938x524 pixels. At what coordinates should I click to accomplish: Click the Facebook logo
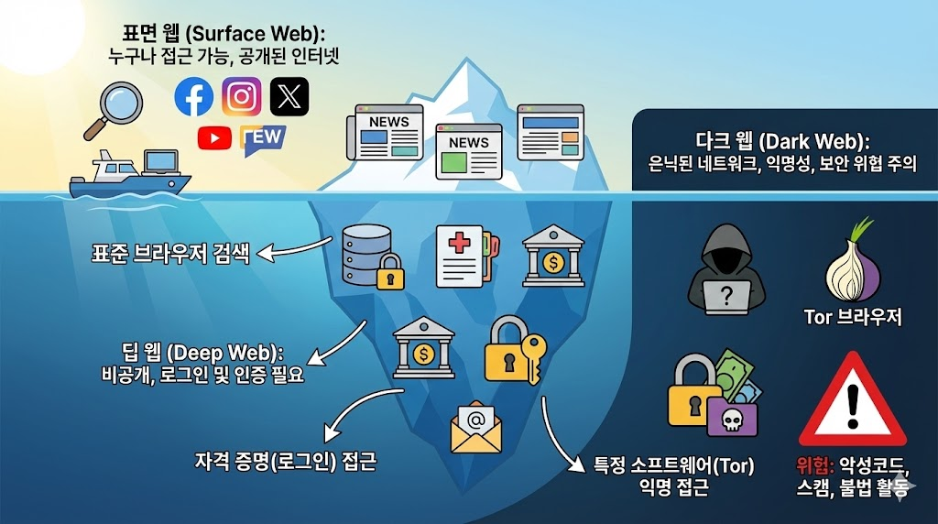[x=194, y=96]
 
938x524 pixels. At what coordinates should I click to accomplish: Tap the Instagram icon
[x=242, y=96]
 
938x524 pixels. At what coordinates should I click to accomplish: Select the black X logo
[x=289, y=96]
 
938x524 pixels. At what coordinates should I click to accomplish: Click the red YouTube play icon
[x=214, y=137]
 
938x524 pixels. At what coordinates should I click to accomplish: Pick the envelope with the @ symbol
[x=476, y=428]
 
